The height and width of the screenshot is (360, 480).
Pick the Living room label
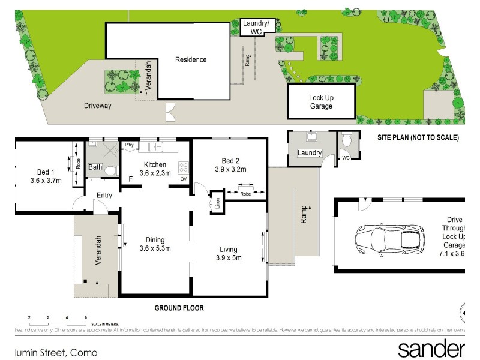(x=228, y=250)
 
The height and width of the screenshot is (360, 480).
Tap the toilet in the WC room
(x=347, y=142)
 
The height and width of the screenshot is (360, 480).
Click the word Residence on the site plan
(x=191, y=59)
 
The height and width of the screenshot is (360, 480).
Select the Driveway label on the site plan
(x=97, y=106)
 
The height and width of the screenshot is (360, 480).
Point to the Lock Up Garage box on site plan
(x=321, y=102)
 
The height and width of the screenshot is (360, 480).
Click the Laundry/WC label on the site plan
(x=257, y=27)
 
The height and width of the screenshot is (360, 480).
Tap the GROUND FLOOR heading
(x=179, y=308)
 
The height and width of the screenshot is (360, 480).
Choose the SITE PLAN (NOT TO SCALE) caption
(x=418, y=137)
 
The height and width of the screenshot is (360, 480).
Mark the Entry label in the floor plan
(x=104, y=195)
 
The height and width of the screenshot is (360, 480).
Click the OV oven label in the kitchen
(x=183, y=179)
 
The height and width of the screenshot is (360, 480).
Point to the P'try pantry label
(x=128, y=145)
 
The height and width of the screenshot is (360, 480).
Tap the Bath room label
(x=95, y=167)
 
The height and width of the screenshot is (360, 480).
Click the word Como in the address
(x=85, y=353)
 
